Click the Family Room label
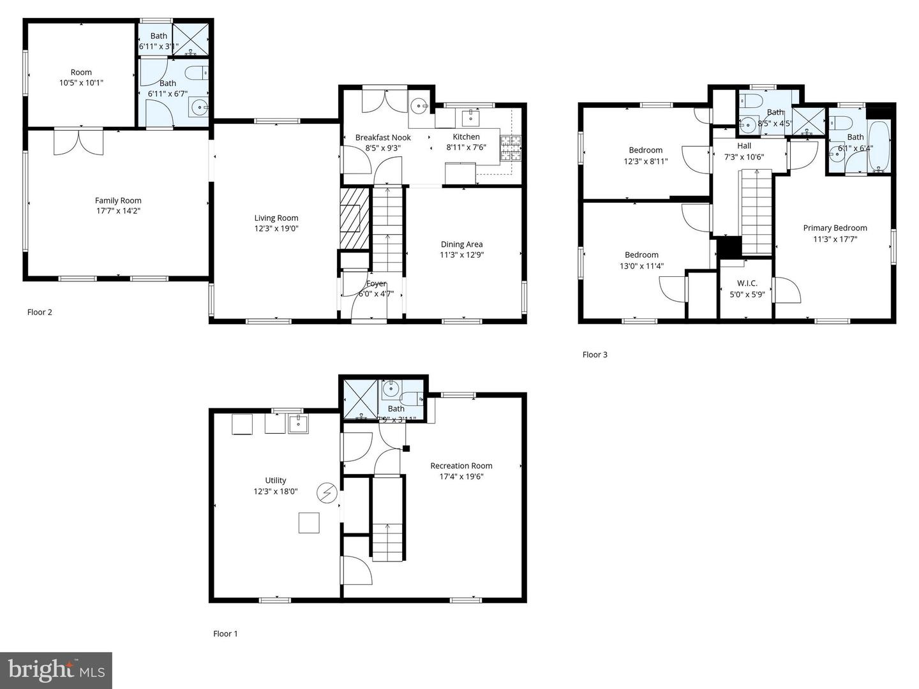point(118,200)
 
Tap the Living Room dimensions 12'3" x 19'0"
point(276,228)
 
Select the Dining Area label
point(461,244)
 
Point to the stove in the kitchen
point(511,148)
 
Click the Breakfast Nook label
point(383,137)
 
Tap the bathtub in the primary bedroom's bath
point(880,147)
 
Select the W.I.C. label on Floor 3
point(747,283)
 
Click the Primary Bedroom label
point(835,228)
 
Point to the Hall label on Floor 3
point(744,145)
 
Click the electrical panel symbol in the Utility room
point(327,493)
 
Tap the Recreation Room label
point(461,466)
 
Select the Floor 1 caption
point(225,633)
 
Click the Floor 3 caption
point(595,355)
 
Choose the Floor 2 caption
point(40,312)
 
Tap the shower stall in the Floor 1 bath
point(361,400)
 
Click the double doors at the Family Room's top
point(78,142)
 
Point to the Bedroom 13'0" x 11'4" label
point(641,260)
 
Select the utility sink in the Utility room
point(298,424)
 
